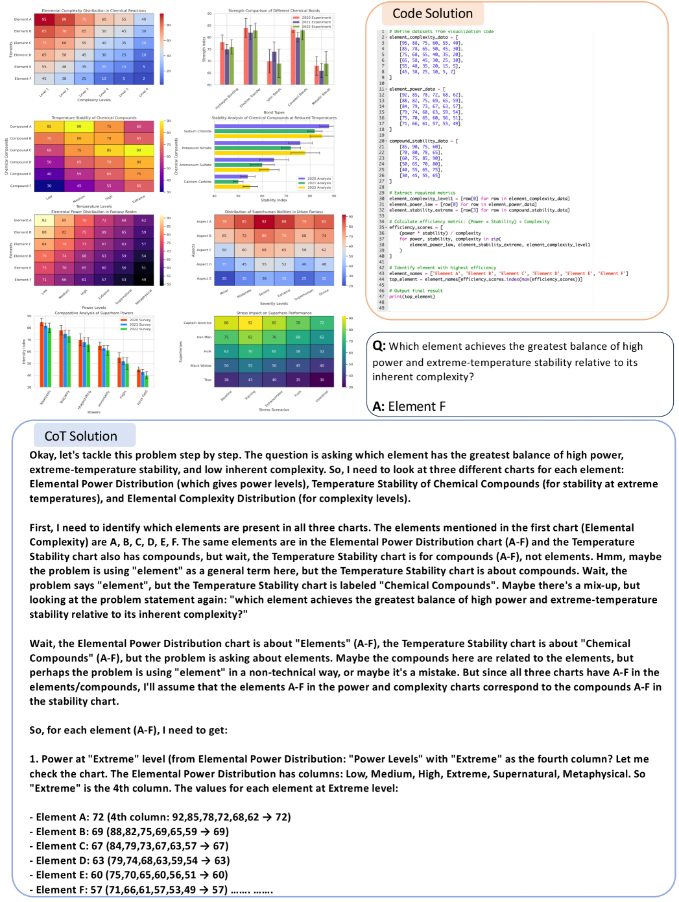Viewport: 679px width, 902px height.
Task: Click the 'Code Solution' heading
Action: click(432, 14)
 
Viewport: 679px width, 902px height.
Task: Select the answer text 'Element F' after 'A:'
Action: click(416, 406)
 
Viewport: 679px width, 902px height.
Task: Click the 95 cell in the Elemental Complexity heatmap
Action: click(44, 19)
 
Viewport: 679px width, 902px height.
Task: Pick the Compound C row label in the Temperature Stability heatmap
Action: click(20, 150)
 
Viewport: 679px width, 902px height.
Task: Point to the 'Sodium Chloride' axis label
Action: click(197, 131)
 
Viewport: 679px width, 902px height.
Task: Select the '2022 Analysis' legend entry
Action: click(318, 188)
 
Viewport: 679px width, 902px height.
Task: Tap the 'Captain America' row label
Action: click(197, 323)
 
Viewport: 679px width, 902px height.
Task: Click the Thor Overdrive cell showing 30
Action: click(322, 380)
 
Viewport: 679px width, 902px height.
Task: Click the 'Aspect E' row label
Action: click(204, 278)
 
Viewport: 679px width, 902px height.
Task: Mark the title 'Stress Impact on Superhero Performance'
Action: click(274, 313)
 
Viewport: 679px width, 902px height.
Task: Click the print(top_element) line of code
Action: click(412, 297)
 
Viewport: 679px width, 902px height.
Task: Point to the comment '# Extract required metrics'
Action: click(422, 193)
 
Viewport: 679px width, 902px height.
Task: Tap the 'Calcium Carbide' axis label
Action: click(197, 182)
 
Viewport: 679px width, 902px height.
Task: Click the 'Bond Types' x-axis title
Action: click(274, 112)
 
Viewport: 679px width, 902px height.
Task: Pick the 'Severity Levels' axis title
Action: click(274, 303)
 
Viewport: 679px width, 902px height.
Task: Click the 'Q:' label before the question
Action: click(379, 346)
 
